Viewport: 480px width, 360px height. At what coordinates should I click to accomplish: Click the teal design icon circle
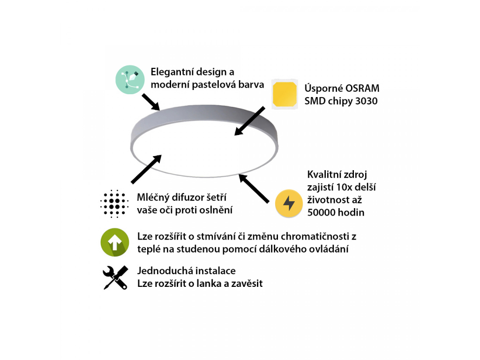tap(130, 80)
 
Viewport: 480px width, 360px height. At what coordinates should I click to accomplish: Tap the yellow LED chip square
tap(285, 94)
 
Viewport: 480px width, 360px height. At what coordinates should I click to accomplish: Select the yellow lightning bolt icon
tap(289, 203)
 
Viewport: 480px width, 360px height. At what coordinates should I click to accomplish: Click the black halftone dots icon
tap(114, 203)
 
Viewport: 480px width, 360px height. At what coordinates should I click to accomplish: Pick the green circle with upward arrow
tap(115, 242)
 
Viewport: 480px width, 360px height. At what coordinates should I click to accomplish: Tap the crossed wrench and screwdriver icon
tap(115, 277)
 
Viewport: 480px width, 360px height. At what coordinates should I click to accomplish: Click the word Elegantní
tap(172, 72)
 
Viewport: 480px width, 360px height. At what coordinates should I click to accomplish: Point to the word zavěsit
tap(247, 284)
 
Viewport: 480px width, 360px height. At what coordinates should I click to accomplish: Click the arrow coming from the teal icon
tap(150, 102)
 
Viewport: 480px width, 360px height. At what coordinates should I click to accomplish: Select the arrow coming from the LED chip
tap(249, 121)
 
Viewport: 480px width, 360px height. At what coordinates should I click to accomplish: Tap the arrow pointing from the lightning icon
tap(254, 188)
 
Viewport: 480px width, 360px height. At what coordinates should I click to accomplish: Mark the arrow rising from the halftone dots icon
tap(146, 169)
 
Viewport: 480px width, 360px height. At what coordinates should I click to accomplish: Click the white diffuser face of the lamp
tap(204, 148)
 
